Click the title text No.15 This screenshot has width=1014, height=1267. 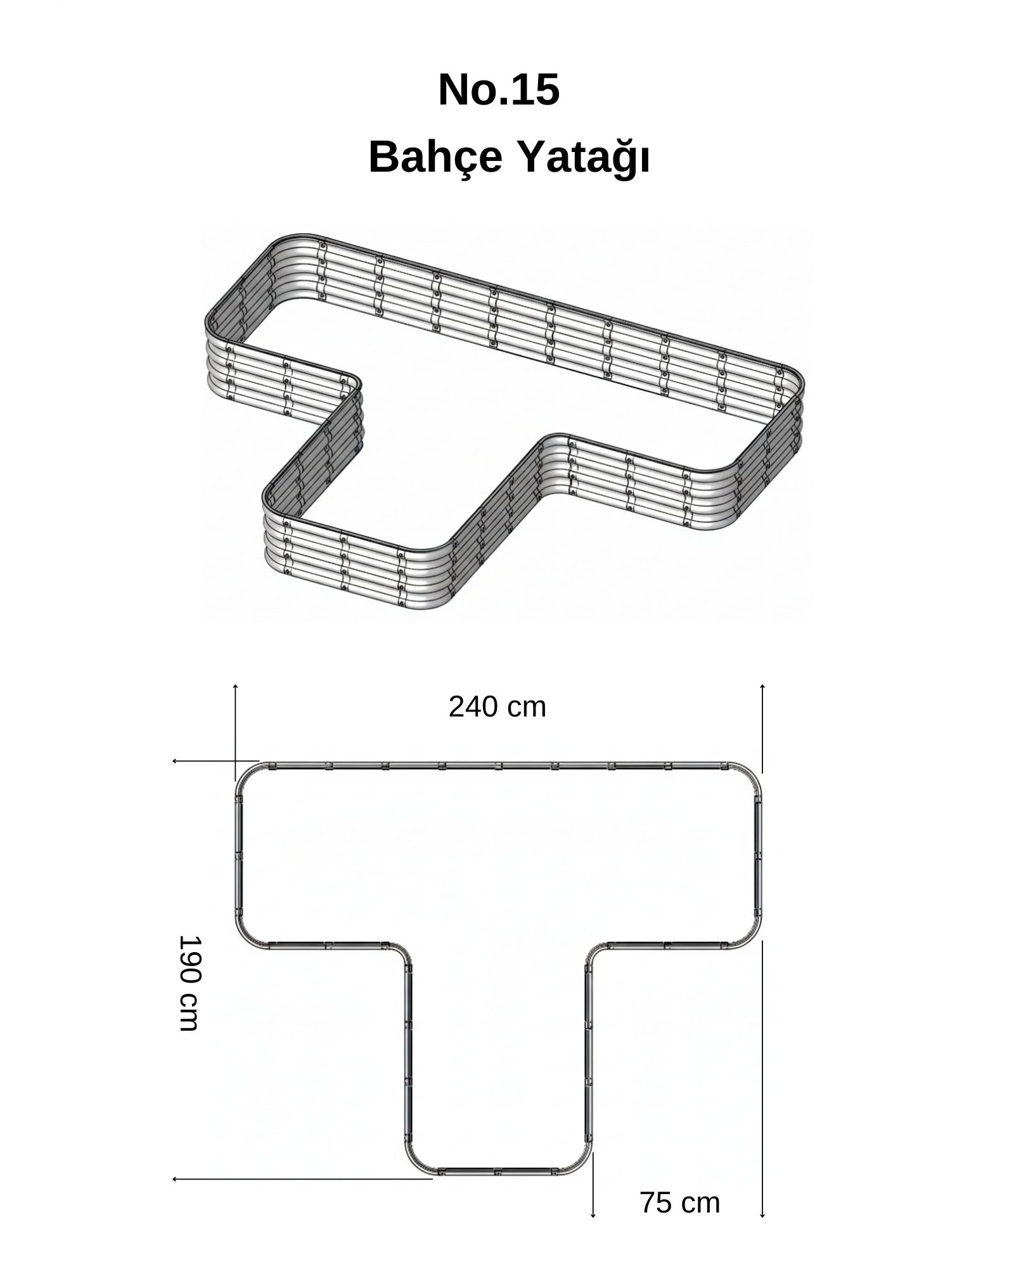(499, 90)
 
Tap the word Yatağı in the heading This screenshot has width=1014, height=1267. (584, 159)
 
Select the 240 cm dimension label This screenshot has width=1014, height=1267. (497, 707)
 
